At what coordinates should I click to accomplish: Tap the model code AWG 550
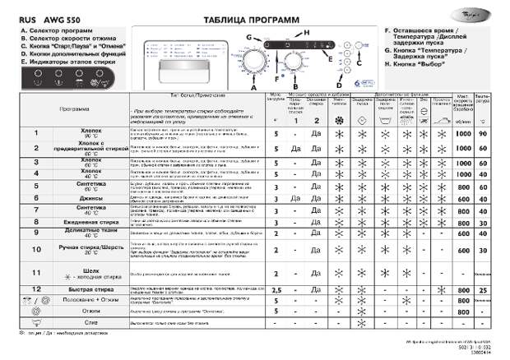pyautogui.click(x=60, y=19)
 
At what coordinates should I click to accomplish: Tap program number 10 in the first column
pyautogui.click(x=35, y=247)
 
